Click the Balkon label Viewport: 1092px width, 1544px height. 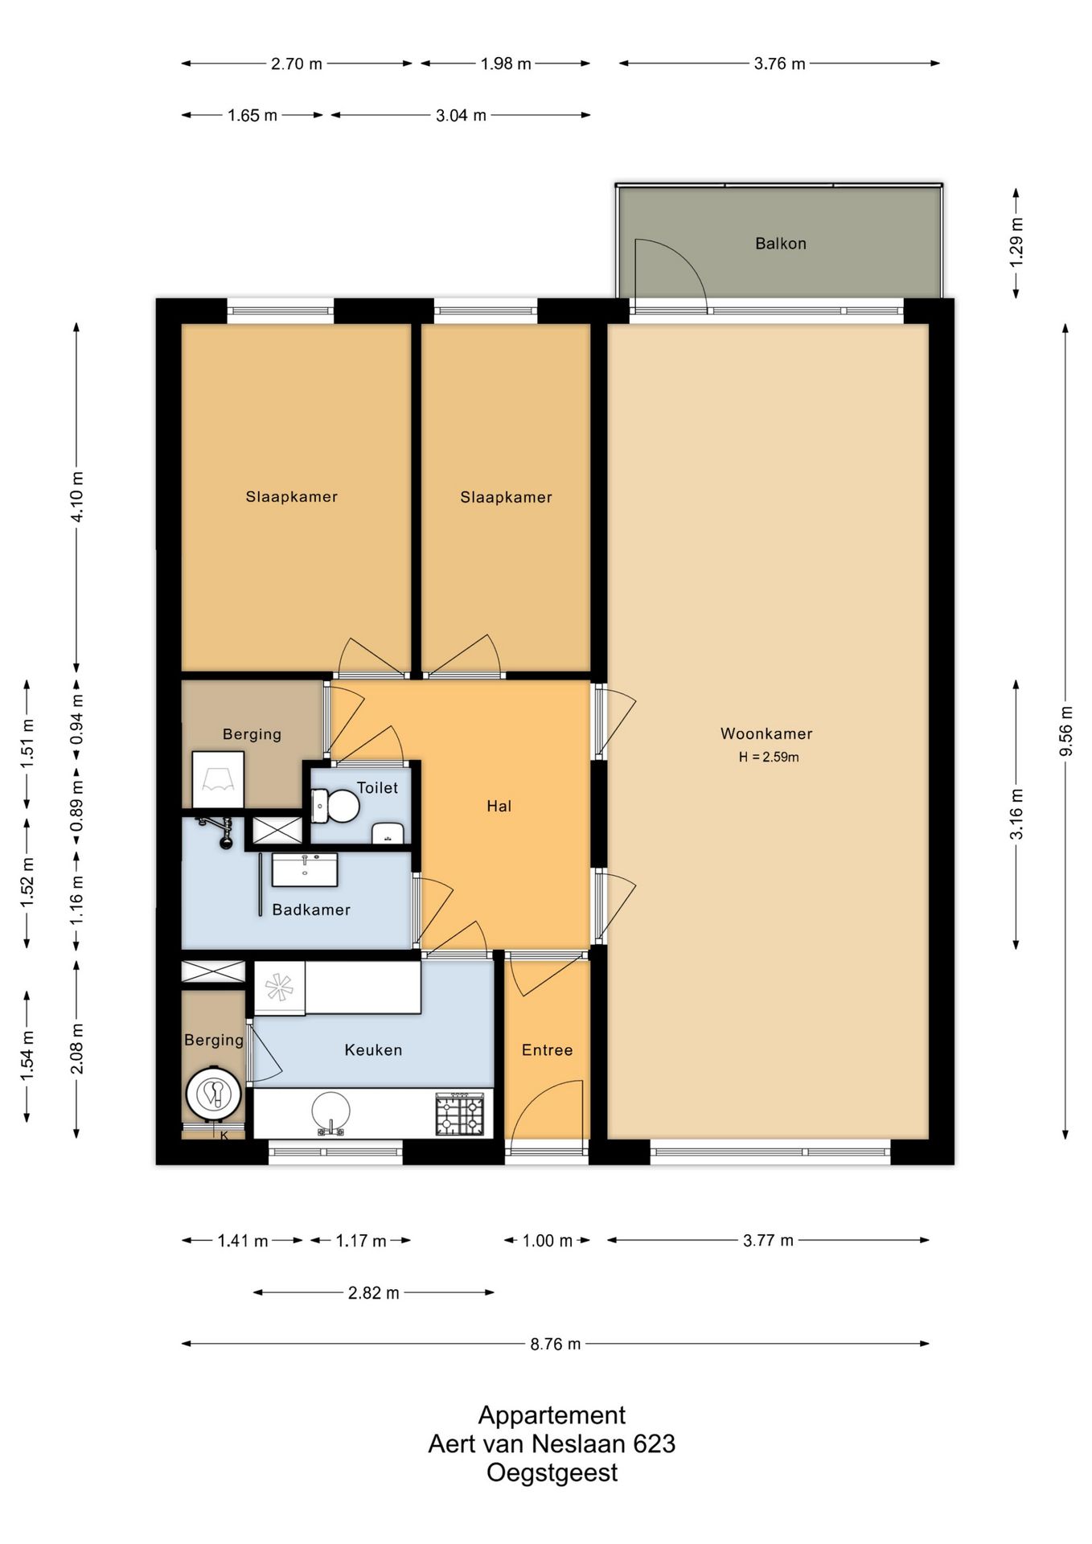pos(780,244)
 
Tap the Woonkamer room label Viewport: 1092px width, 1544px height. pos(766,733)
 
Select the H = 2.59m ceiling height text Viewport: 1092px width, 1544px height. pos(769,757)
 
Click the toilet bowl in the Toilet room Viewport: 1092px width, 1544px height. pos(335,806)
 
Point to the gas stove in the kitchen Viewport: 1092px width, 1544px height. pos(460,1114)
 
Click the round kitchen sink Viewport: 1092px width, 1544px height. pos(330,1112)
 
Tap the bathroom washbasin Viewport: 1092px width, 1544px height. pos(305,869)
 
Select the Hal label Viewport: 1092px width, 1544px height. pos(499,807)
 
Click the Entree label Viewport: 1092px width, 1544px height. pos(547,1050)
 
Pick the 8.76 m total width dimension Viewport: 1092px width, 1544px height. pos(555,1344)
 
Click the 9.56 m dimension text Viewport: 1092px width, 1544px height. pos(1066,731)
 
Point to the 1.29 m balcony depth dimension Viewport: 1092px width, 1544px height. pos(1016,242)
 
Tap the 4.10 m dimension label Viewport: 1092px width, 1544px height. pos(77,496)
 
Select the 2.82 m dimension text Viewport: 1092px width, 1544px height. pos(374,1293)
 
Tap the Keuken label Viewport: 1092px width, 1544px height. pos(373,1050)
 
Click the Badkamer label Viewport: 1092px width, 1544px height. pos(311,910)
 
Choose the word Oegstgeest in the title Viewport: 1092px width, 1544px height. pos(552,1473)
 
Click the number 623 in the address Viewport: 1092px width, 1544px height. pos(654,1444)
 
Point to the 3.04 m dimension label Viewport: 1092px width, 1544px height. pos(461,116)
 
